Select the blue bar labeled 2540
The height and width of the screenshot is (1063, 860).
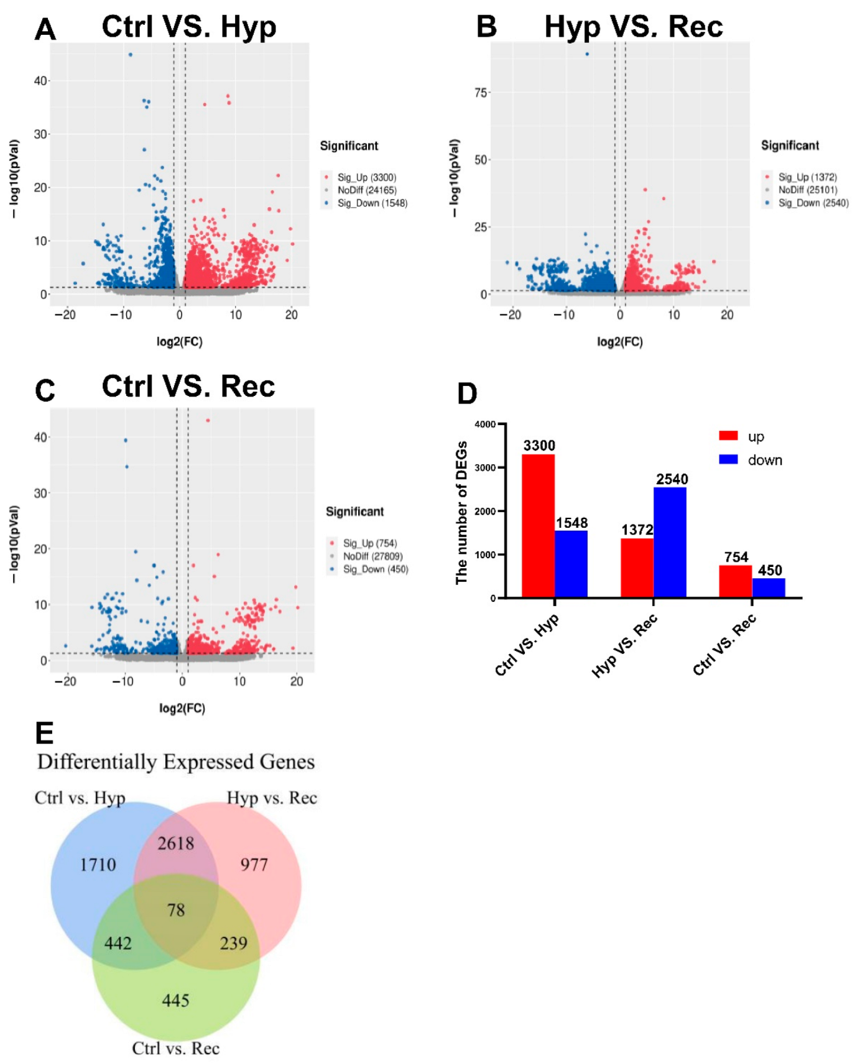670,542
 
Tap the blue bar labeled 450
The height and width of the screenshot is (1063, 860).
769,587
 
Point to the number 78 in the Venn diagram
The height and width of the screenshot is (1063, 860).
176,910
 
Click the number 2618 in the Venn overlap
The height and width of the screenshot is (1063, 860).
176,844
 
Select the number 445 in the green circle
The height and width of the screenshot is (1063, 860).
175,1000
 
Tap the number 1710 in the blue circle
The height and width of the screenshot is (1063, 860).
98,865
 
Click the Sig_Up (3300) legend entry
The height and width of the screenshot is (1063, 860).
366,178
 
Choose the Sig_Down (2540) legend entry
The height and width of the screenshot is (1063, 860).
813,203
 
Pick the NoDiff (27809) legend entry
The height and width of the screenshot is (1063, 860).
372,556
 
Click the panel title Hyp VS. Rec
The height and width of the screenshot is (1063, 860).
633,27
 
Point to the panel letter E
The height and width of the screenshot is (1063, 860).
44,734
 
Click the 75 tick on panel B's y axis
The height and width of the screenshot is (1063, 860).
481,93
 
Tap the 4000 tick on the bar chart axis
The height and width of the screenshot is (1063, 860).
485,425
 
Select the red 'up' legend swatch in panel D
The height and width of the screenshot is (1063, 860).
728,436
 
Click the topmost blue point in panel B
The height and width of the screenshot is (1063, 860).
587,54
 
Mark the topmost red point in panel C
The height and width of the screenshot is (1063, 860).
208,420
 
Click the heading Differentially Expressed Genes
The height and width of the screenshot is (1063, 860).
176,762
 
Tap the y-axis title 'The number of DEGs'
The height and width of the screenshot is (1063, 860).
461,513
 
